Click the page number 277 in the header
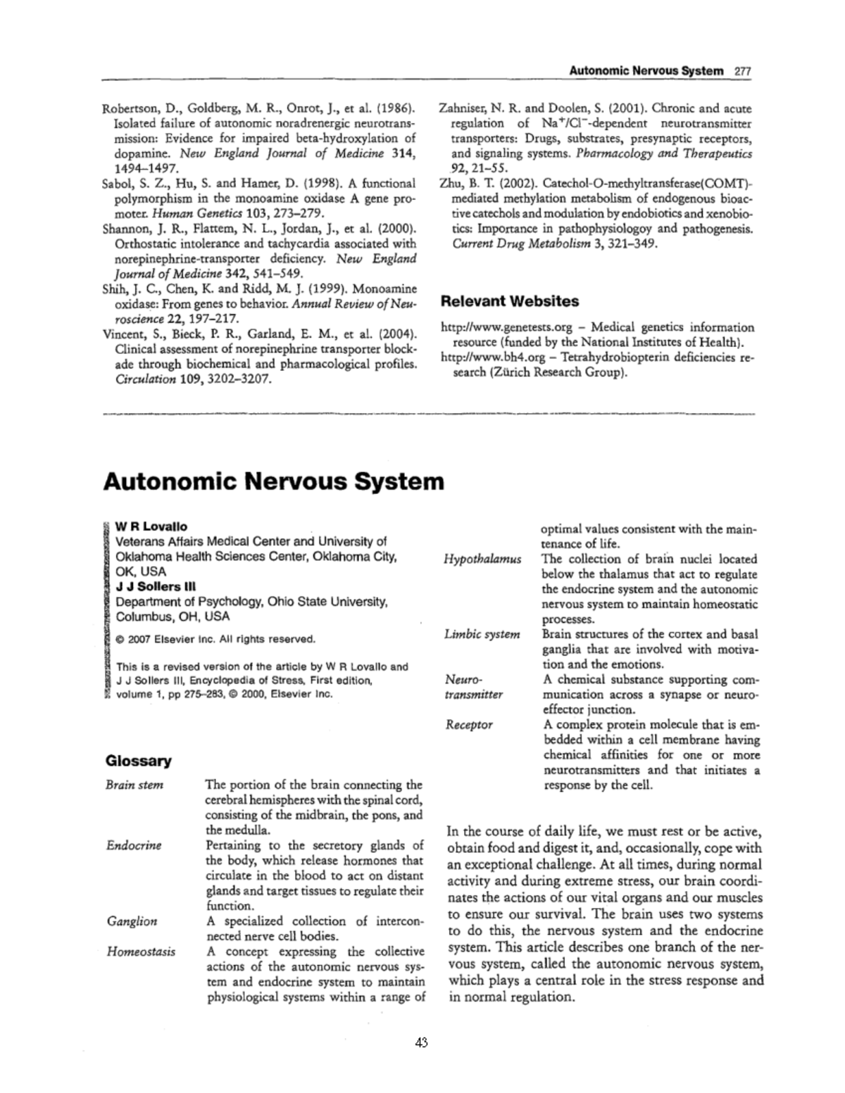(x=743, y=70)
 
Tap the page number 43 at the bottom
(x=422, y=1043)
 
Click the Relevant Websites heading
(x=509, y=301)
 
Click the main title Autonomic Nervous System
(x=274, y=481)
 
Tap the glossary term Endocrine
(x=134, y=845)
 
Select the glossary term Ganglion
(x=132, y=921)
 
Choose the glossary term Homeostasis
(x=141, y=952)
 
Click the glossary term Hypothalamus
(x=482, y=559)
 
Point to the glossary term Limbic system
(x=482, y=634)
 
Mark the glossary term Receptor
(x=468, y=724)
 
